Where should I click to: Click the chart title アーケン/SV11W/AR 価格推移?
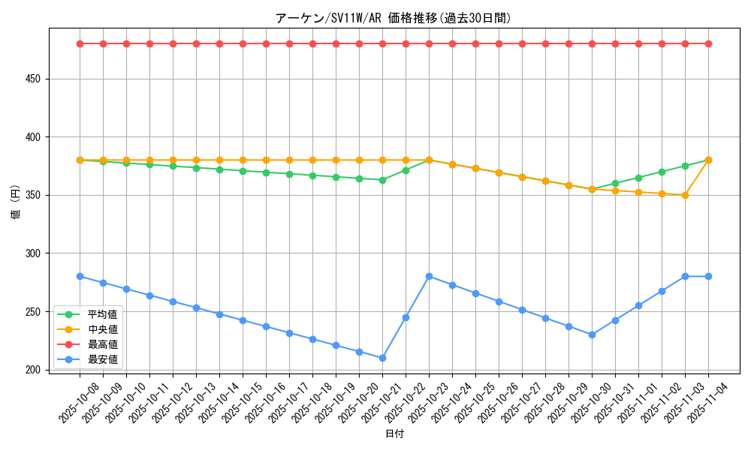(394, 18)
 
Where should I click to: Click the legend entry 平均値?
(103, 314)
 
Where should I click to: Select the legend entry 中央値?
(103, 329)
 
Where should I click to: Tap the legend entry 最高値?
(103, 344)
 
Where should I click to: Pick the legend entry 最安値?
(103, 359)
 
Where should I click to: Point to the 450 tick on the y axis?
(33, 79)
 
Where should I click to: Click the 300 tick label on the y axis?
(33, 253)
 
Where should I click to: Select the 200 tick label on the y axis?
(33, 370)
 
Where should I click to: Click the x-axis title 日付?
(394, 434)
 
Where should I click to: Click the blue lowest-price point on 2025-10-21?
(382, 358)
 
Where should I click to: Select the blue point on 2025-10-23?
(429, 276)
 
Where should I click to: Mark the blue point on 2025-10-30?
(592, 334)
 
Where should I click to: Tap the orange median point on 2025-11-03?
(685, 195)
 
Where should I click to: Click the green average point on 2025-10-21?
(382, 180)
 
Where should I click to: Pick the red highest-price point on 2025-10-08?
(80, 43)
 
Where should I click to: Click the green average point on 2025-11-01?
(638, 178)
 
